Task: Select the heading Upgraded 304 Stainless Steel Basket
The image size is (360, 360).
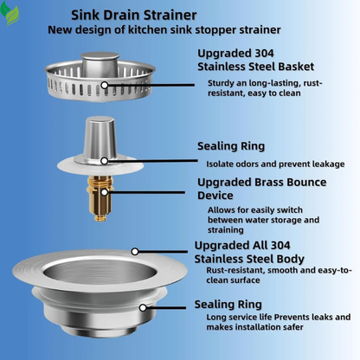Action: coord(255,57)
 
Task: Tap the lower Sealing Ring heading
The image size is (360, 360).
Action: coord(228,305)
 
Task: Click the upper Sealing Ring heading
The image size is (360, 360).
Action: coord(231,146)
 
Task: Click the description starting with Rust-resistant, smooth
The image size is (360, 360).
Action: coord(278,276)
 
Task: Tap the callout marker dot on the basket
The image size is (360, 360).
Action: coord(105,85)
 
